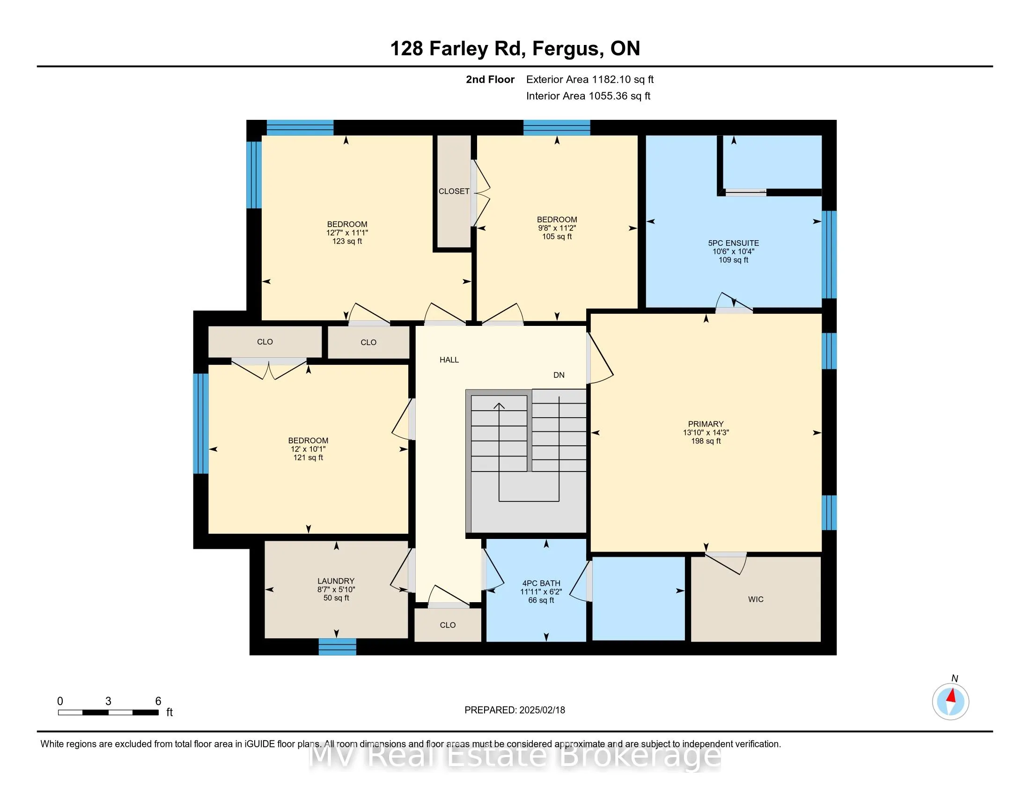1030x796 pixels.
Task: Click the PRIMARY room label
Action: point(706,424)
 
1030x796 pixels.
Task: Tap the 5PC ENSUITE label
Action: point(733,243)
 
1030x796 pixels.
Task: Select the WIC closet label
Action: point(756,599)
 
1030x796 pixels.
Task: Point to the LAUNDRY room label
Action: point(336,581)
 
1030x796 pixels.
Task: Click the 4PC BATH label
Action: point(541,583)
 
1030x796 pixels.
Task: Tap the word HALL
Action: point(449,360)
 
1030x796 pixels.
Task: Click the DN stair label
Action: point(559,375)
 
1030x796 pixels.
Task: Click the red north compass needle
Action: point(951,695)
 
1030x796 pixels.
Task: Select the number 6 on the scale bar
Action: point(158,701)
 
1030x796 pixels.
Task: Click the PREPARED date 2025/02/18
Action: point(541,710)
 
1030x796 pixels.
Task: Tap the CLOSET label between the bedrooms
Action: point(454,191)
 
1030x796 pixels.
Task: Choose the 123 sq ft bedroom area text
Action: point(347,242)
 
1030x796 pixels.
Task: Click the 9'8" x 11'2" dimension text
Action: point(557,228)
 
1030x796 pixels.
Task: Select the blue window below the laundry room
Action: point(337,647)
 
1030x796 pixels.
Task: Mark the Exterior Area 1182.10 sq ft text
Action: point(590,80)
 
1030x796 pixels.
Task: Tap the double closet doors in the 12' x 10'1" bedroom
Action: point(269,369)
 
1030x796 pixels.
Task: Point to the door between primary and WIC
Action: point(726,563)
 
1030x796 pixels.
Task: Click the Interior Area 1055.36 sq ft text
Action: point(588,96)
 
